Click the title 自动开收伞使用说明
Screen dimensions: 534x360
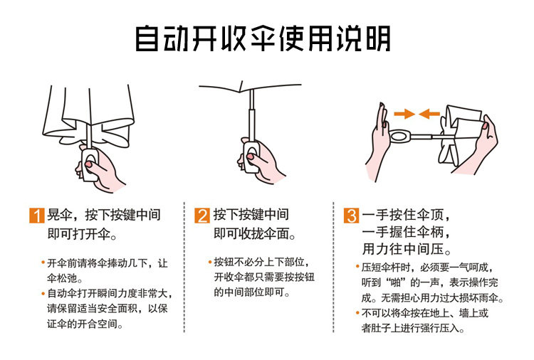click(x=263, y=38)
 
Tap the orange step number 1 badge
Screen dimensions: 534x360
click(x=37, y=215)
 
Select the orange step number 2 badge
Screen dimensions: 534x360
click(x=202, y=215)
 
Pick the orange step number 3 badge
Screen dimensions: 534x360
click(x=351, y=215)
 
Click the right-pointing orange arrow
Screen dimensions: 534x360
click(x=404, y=114)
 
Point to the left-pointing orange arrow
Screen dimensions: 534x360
click(x=429, y=114)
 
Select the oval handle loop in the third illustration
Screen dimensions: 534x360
click(x=399, y=137)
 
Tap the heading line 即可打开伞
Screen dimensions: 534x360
click(x=82, y=234)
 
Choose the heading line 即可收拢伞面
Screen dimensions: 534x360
click(x=254, y=234)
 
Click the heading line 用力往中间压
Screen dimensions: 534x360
click(x=407, y=249)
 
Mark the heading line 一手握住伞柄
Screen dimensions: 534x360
click(x=406, y=232)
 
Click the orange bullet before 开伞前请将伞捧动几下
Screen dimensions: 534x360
click(x=43, y=263)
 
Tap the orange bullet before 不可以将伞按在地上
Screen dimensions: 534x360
click(x=357, y=312)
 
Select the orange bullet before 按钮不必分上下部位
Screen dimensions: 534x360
click(x=210, y=262)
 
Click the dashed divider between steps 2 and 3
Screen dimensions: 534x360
click(x=333, y=267)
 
